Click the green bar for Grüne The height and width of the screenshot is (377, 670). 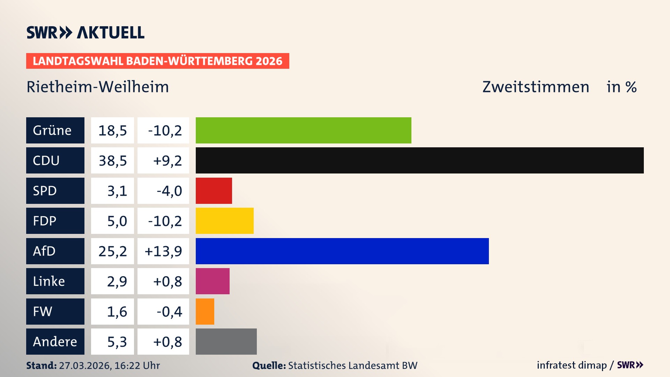[303, 130]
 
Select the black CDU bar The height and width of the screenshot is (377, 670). [419, 160]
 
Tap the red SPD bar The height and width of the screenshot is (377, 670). [214, 191]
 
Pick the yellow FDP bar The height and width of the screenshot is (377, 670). [224, 221]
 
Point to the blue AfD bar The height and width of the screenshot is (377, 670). [342, 251]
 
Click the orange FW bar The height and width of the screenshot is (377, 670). [205, 311]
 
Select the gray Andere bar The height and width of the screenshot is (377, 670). [226, 341]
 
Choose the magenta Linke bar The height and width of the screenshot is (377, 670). [213, 281]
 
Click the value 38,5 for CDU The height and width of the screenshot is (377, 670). [112, 161]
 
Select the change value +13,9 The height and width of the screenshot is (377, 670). [163, 251]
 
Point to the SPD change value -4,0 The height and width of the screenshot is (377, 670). [169, 191]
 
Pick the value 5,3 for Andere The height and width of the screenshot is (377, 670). [117, 342]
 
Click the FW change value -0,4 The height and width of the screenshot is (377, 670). [169, 312]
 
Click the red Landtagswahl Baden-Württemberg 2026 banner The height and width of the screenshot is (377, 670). [157, 61]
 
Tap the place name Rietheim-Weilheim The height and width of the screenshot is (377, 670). [98, 87]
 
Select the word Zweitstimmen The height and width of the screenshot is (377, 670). [536, 87]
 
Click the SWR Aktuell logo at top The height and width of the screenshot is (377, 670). [85, 32]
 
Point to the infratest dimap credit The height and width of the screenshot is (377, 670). [572, 365]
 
